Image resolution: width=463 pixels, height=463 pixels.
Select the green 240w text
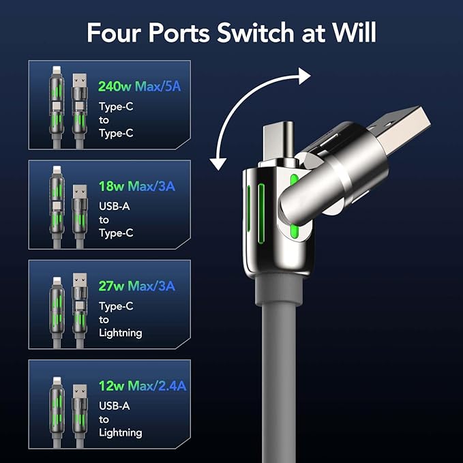(113, 87)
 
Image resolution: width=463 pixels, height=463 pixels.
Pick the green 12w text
(110, 386)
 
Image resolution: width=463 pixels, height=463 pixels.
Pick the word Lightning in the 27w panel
(120, 333)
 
